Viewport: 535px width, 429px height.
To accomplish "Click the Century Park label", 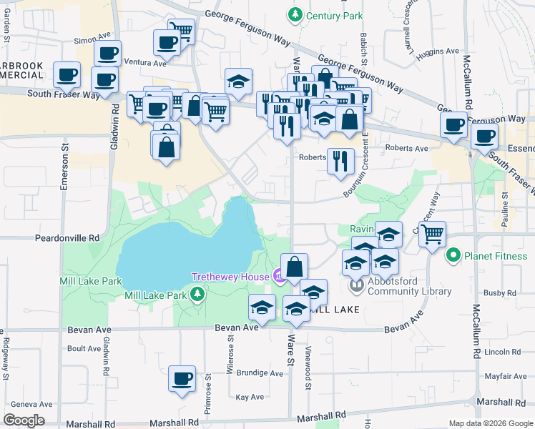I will click(334, 15).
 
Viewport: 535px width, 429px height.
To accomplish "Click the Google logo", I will click(24, 420).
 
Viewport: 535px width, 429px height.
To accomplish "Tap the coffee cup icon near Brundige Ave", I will click(182, 378).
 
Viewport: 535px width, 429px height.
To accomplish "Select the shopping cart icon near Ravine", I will click(432, 233).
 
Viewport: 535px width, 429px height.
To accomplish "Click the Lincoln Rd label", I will click(503, 352).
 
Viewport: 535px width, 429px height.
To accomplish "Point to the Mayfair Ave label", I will click(505, 376).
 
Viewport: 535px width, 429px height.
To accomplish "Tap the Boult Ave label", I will click(84, 349).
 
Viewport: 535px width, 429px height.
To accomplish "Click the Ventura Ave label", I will click(144, 62).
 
